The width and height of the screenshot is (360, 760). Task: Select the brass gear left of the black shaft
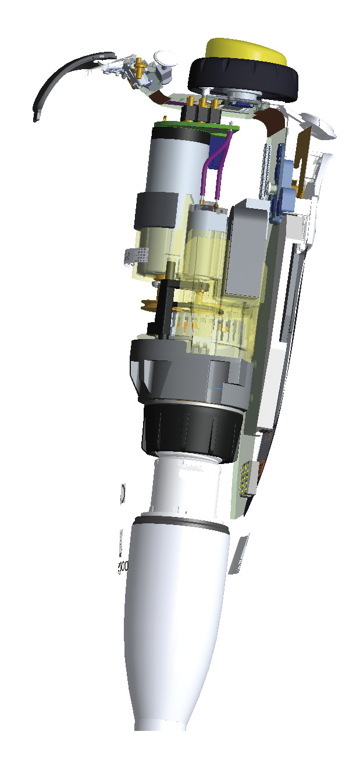150,306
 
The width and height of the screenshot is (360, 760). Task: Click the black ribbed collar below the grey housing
190,428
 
